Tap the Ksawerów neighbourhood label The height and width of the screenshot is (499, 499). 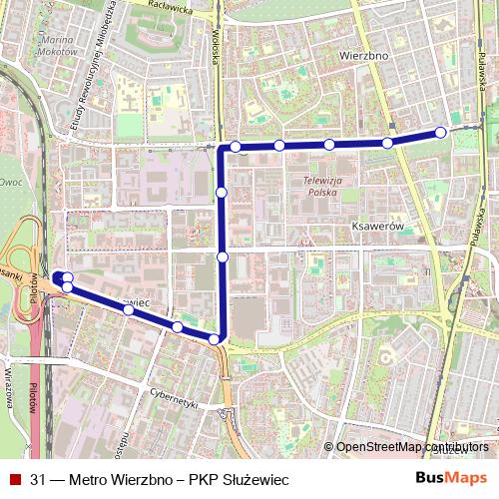[x=375, y=227]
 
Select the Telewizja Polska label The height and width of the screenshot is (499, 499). [x=322, y=186]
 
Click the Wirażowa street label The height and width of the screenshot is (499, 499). [x=11, y=384]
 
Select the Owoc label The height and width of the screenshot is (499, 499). [x=11, y=183]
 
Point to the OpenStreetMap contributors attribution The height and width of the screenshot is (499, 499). [x=412, y=447]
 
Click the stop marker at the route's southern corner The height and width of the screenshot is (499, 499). [x=214, y=340]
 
